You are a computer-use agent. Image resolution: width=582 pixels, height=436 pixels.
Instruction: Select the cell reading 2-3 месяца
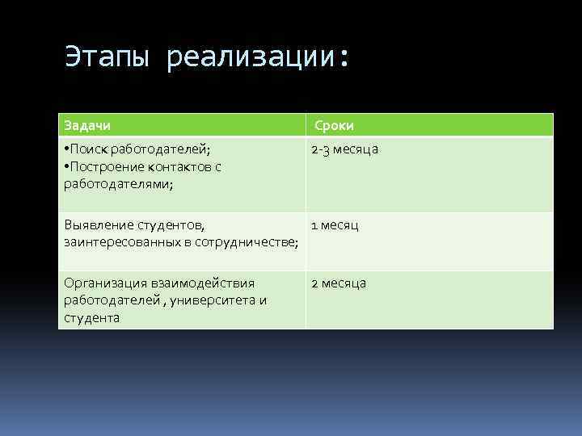coord(345,149)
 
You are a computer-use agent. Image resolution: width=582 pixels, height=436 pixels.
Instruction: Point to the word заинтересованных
coord(120,242)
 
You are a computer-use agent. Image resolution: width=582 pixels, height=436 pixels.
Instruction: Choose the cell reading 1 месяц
coord(335,225)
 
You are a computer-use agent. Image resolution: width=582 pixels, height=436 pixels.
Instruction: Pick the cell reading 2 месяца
coord(339,283)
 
